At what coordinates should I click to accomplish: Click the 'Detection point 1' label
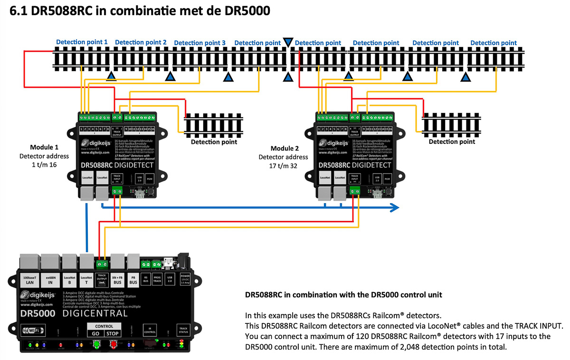point(82,42)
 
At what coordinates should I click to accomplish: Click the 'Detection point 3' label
point(199,43)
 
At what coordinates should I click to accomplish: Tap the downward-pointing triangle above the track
point(288,43)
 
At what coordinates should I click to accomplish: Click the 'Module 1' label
point(44,147)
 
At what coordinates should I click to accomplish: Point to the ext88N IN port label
point(50,279)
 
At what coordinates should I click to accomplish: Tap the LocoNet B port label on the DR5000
point(69,279)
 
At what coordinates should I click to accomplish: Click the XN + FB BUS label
point(117,279)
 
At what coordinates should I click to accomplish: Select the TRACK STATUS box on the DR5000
point(182,330)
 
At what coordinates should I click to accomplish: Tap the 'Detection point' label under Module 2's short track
point(451,142)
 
